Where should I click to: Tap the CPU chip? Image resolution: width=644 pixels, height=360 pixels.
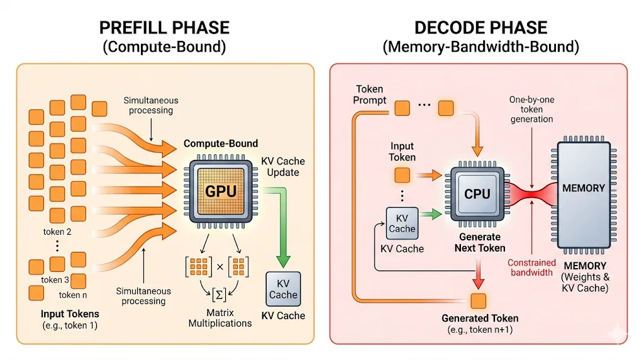coord(477,194)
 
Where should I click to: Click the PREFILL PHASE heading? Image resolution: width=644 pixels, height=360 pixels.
coord(165,28)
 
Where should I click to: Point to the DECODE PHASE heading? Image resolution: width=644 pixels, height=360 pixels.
coord(481,28)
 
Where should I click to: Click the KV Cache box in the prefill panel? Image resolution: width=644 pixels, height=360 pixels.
coord(283,289)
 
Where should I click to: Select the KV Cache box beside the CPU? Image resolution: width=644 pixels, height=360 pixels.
coord(402,223)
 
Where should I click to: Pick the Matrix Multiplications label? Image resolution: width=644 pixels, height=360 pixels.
coord(220,318)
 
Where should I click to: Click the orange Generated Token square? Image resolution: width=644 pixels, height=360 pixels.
coord(479,300)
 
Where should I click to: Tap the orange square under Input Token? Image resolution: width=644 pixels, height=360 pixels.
coord(402,175)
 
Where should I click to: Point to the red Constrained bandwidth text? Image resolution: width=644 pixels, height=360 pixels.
coord(531,267)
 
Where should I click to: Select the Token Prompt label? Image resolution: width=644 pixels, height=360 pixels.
coord(370,94)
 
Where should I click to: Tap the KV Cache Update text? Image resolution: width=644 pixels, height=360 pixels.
coord(282,166)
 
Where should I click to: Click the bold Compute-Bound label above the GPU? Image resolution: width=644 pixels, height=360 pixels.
coord(221,143)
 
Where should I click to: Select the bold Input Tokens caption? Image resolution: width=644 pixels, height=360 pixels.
coord(70,313)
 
